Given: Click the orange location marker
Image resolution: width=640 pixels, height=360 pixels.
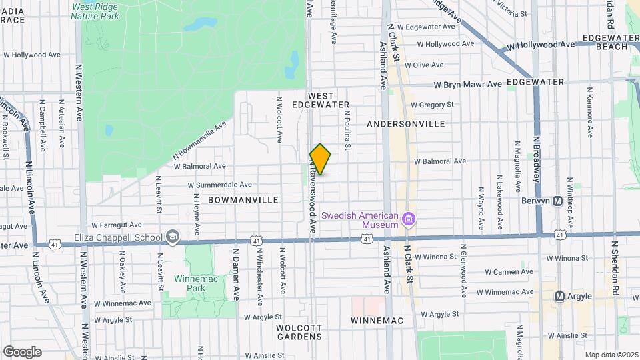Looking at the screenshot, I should [x=320, y=159].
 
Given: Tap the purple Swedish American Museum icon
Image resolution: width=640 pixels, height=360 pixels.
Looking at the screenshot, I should [x=410, y=219].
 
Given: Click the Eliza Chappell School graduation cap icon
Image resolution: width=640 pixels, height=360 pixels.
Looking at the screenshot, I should [x=173, y=237].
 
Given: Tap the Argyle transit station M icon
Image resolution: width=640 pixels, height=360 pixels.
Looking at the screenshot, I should [x=560, y=296].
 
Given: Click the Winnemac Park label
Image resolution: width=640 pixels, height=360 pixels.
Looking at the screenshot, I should [x=189, y=283].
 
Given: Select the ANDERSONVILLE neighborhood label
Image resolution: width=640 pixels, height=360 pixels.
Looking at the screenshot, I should [x=406, y=124].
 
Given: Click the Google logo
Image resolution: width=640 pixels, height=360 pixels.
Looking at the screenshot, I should [x=22, y=351].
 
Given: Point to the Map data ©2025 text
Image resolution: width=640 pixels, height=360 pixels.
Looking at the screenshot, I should [x=611, y=355].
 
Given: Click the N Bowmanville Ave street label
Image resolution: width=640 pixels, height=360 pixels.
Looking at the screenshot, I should [x=199, y=142].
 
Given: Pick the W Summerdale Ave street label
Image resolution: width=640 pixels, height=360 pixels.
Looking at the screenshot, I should [x=219, y=185].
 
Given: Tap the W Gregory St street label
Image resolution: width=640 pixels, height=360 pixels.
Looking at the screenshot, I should [x=432, y=105].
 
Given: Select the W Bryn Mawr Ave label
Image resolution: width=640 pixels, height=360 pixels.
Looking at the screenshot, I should [x=467, y=85].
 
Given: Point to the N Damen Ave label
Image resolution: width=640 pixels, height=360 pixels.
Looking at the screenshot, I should [x=236, y=275].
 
